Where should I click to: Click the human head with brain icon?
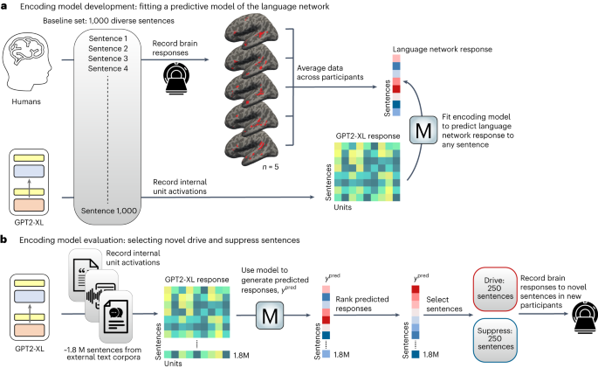tap(30, 58)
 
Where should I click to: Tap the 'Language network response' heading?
tap(427, 52)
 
